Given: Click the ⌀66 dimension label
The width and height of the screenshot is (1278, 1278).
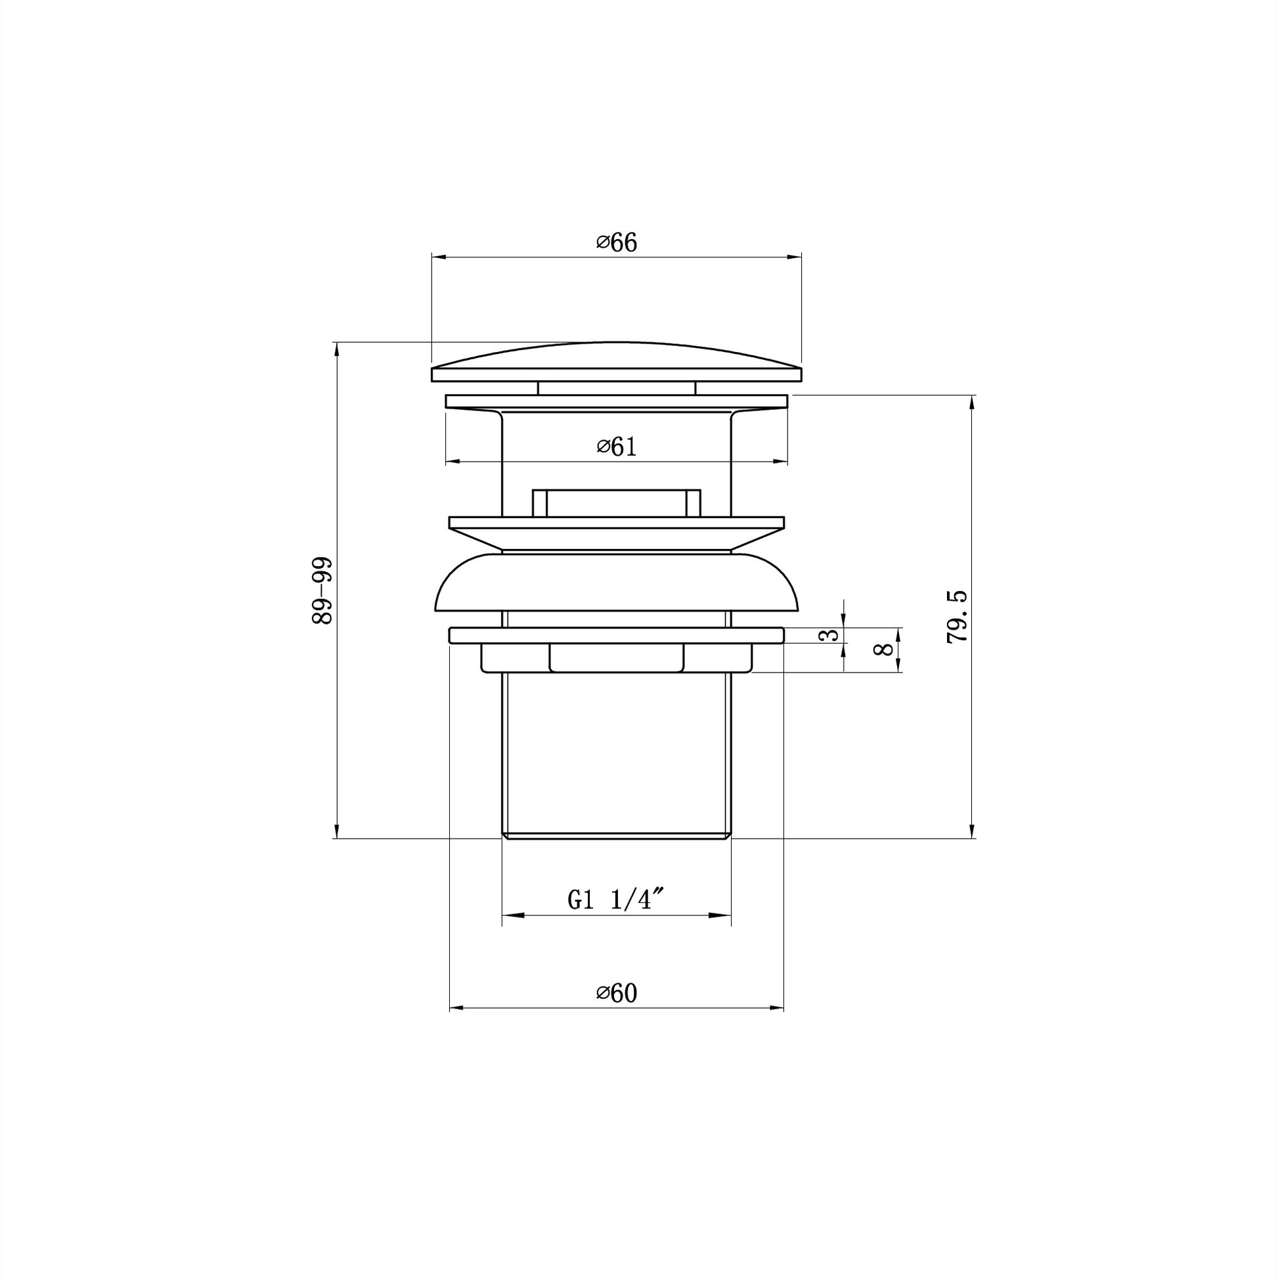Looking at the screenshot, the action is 616,243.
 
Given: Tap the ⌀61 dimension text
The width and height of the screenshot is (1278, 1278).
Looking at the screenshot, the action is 616,447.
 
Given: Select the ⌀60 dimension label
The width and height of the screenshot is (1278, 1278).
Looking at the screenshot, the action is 616,1011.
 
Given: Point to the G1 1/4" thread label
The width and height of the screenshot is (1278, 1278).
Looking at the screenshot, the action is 616,900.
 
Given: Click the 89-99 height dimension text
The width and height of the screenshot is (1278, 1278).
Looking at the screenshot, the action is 322,591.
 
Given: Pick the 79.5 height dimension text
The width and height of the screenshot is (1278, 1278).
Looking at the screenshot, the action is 957,617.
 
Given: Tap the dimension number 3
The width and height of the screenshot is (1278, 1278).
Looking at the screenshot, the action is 829,635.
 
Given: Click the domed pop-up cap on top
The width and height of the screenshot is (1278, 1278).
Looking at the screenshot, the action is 617,362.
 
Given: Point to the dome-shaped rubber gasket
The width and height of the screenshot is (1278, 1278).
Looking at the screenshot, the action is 617,582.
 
